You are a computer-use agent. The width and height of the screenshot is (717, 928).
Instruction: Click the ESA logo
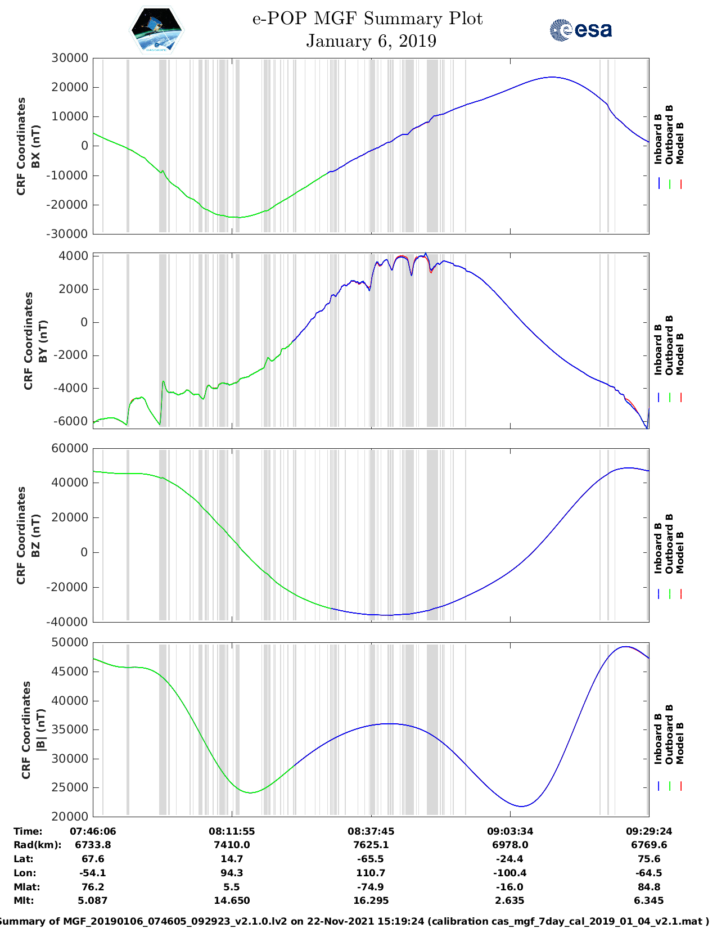580,30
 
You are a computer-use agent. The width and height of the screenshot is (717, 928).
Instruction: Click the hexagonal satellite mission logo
156,30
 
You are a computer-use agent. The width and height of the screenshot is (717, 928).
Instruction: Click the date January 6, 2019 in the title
371,41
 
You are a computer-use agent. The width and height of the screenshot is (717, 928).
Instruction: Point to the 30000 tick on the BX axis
69,58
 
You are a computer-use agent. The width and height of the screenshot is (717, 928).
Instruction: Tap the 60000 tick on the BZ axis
69,448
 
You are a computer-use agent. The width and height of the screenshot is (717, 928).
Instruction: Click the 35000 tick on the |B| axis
69,729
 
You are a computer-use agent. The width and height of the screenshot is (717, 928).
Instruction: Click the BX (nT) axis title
35,146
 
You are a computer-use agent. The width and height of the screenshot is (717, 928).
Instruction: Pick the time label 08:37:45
371,831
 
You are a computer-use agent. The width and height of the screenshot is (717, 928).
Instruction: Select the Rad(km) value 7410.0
232,845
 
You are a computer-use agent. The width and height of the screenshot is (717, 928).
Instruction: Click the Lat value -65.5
371,859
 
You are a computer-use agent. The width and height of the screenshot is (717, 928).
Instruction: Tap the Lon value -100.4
509,873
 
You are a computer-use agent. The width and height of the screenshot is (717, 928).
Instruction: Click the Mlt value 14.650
232,900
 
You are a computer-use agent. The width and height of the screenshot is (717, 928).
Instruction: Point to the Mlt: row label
24,900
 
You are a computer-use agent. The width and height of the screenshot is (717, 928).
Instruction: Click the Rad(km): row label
37,845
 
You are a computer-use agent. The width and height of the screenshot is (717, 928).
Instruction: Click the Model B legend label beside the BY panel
680,354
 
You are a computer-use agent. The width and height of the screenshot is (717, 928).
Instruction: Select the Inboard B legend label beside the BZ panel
659,548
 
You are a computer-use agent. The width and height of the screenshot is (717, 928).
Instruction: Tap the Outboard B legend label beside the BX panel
669,135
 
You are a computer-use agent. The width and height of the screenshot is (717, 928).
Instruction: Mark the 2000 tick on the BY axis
74,289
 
